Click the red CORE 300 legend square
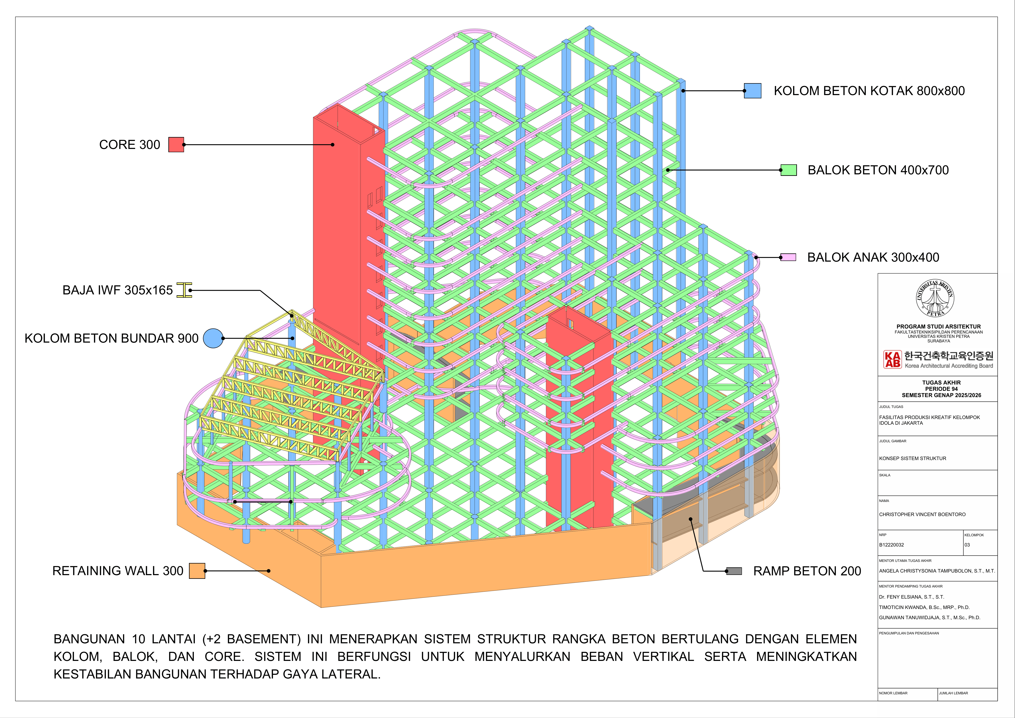pos(176,145)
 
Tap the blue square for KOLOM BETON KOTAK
pos(752,91)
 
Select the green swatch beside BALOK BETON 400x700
pos(789,170)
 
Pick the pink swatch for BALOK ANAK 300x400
pos(788,257)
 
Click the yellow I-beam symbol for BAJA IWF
pos(184,290)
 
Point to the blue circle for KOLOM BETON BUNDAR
pos(213,338)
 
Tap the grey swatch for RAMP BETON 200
pos(734,571)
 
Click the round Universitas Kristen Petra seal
pos(935,298)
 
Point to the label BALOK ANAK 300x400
pos(873,257)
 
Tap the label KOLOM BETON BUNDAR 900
pos(111,338)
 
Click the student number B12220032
pos(891,545)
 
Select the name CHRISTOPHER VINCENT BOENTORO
pos(922,515)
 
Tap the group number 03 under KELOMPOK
pos(967,545)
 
